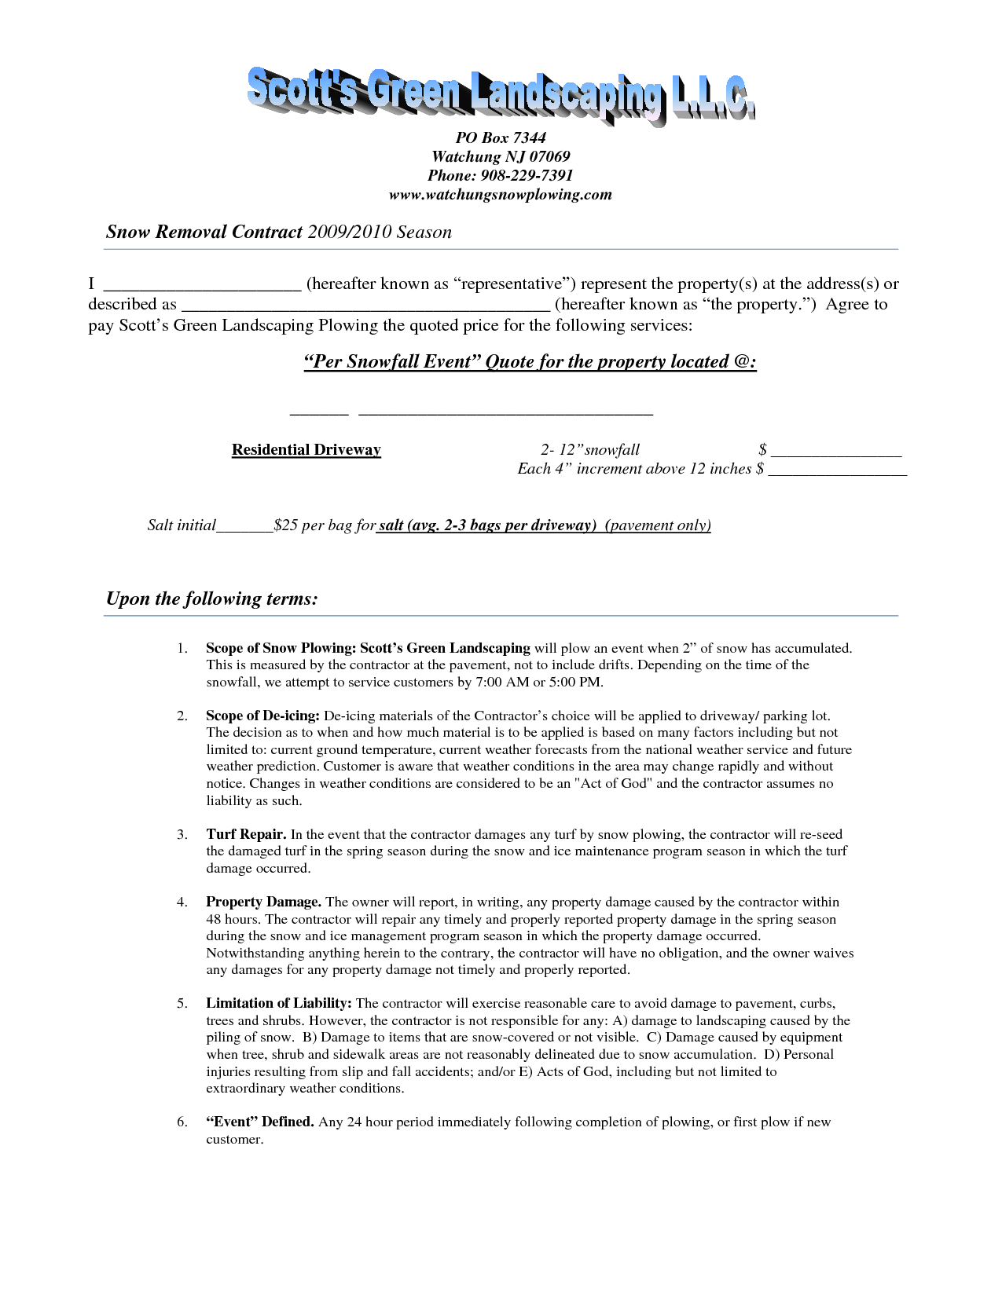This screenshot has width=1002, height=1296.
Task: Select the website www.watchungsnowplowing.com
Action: (501, 194)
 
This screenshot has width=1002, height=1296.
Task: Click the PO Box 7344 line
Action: (501, 137)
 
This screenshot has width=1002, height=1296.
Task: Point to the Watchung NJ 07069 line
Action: (501, 156)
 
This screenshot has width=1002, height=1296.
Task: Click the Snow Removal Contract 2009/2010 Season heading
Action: (279, 232)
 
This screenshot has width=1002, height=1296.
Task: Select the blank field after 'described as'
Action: (365, 306)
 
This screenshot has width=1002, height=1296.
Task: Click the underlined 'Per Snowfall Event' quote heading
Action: (530, 361)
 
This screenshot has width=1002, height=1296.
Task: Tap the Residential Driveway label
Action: (306, 449)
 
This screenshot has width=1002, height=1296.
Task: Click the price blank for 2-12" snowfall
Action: (836, 452)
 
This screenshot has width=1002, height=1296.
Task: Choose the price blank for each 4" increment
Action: (837, 470)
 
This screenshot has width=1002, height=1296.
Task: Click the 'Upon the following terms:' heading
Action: (212, 599)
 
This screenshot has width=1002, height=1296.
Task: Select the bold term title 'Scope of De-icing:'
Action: (262, 716)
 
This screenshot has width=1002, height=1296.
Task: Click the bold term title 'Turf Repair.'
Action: (246, 834)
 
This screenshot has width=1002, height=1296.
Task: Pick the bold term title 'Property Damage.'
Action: (263, 902)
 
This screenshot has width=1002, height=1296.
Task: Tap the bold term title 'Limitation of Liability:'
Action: (279, 1003)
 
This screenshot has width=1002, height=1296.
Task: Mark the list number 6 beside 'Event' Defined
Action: (182, 1122)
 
